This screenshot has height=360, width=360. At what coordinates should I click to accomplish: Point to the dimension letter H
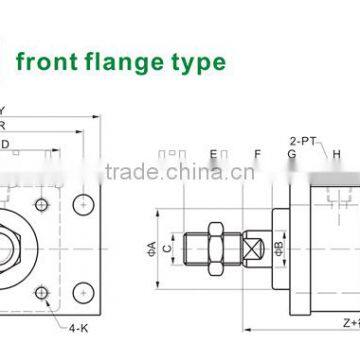(337, 153)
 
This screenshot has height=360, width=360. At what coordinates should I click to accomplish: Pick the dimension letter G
(291, 153)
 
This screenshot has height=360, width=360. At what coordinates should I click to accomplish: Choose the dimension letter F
(257, 153)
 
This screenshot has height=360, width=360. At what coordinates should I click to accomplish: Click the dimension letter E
(213, 153)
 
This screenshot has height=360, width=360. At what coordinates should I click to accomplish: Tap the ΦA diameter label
(152, 245)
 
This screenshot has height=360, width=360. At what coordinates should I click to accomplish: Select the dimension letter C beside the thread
(169, 246)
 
